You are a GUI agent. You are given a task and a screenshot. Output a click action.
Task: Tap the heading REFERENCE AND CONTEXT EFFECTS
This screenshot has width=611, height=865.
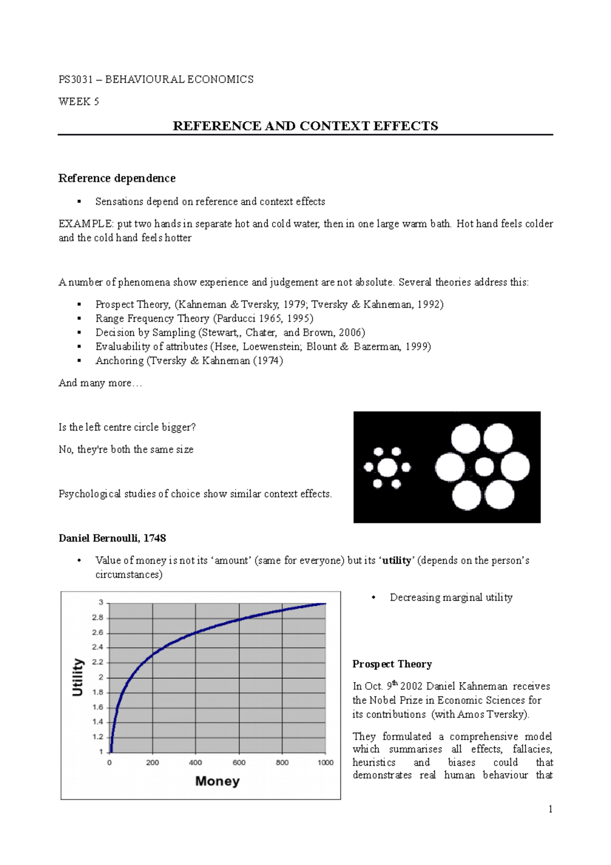305,126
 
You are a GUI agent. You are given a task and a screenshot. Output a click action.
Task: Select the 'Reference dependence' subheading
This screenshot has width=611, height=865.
117,178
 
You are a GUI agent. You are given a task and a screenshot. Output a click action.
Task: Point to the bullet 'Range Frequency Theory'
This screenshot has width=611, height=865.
152,318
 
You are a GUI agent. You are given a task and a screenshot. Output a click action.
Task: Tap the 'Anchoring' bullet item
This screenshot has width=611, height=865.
120,361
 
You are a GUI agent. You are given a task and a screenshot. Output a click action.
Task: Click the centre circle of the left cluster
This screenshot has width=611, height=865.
387,467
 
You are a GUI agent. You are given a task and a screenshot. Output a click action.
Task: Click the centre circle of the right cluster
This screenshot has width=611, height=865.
484,467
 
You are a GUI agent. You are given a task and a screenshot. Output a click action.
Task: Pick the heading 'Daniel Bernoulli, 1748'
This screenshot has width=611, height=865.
112,538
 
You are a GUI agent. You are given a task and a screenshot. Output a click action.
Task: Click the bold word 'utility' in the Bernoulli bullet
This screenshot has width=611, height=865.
397,560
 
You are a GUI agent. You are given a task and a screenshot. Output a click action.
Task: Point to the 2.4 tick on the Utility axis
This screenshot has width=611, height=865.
97,647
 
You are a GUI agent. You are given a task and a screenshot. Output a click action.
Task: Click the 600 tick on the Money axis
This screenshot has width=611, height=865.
239,763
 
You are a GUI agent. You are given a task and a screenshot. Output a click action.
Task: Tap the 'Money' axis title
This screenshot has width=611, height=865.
217,781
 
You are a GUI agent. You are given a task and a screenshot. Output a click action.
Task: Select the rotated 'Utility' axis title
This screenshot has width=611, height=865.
77,677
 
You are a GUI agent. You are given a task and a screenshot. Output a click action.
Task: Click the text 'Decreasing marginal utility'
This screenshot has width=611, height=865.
451,598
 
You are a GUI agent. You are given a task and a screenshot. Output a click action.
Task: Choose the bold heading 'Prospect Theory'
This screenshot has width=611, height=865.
392,664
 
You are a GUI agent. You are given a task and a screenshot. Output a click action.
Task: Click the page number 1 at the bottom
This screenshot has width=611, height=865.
550,809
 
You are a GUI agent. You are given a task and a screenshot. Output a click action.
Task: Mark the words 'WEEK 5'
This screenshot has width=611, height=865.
78,101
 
